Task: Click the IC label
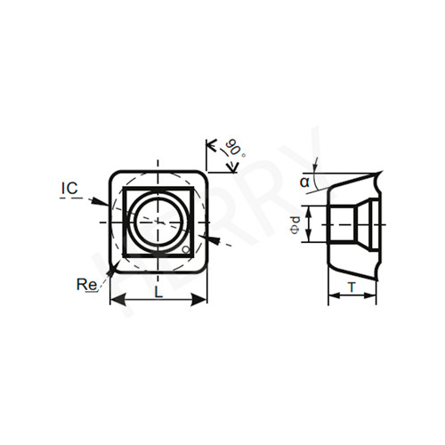(x=69, y=189)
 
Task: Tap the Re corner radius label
(x=86, y=285)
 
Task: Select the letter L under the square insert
(x=159, y=293)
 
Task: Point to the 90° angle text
(x=234, y=148)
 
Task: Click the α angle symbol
(x=304, y=182)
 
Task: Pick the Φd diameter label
(x=295, y=225)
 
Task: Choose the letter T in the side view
(x=352, y=287)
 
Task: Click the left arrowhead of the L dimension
(x=118, y=300)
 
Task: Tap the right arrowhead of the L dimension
(x=198, y=300)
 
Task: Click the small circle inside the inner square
(x=186, y=250)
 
